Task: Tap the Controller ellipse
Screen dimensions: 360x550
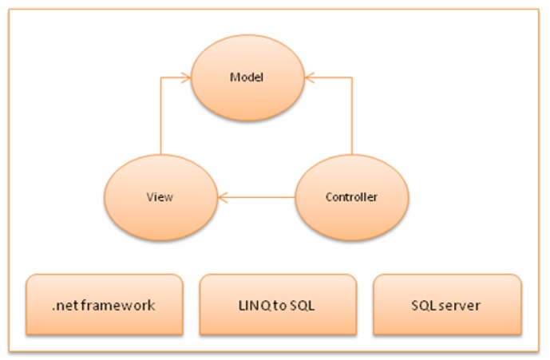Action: [x=352, y=195]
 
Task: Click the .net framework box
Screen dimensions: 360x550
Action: [x=104, y=304]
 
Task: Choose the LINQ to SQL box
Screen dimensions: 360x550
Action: [x=277, y=304]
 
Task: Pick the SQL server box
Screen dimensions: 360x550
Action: [x=447, y=304]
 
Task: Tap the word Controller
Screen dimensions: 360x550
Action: [x=352, y=196]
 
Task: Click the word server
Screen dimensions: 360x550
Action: [x=462, y=305]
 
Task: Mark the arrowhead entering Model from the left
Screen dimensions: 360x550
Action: [x=185, y=77]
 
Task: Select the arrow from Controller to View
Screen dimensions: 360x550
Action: [x=259, y=196]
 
